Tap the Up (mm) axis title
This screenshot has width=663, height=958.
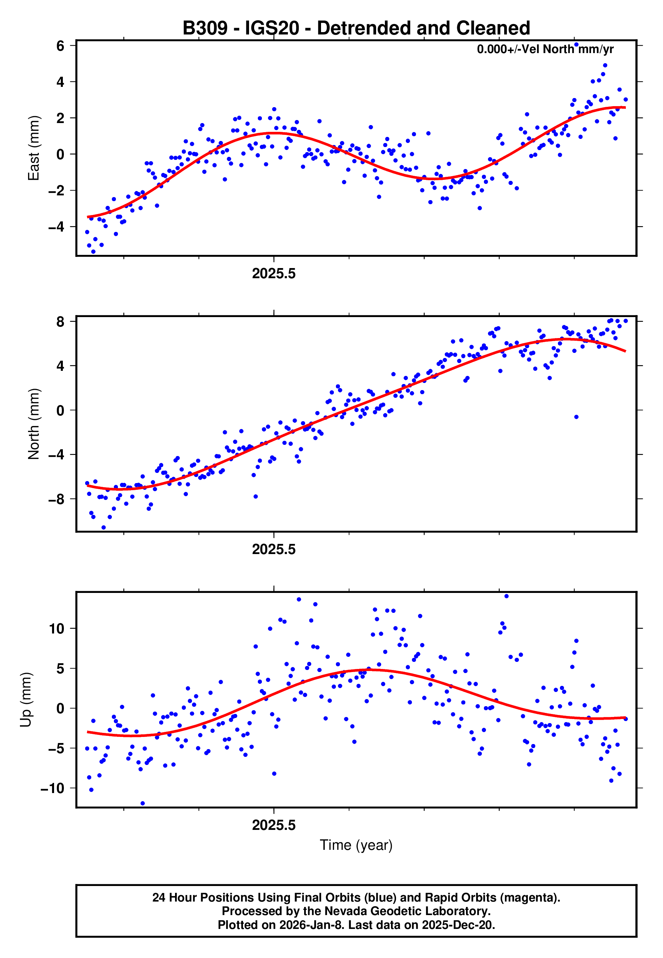[26, 700]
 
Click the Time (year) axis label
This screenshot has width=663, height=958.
[356, 845]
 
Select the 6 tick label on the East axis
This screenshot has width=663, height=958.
[60, 46]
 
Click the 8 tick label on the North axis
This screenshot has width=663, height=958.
[60, 321]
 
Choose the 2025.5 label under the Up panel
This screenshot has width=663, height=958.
[274, 825]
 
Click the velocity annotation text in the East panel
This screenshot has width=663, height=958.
[545, 49]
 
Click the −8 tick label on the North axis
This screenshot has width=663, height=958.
[57, 499]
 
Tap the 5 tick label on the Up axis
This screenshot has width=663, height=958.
[60, 668]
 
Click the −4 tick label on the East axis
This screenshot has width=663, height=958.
[57, 227]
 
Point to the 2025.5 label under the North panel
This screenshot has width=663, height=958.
[274, 549]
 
